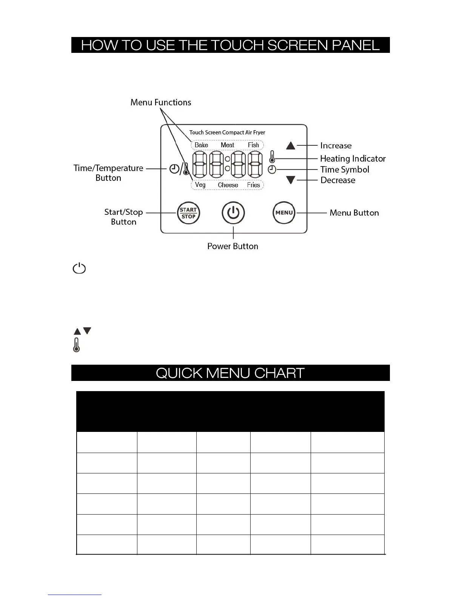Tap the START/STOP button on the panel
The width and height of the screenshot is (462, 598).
point(188,213)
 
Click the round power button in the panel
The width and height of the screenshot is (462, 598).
point(233,213)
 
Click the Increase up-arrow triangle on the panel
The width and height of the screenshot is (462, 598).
point(291,145)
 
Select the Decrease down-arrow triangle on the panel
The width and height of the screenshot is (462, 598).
point(291,180)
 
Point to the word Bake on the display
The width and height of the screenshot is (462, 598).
point(201,145)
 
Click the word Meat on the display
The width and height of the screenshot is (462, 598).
point(227,145)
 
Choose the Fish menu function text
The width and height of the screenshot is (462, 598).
point(253,145)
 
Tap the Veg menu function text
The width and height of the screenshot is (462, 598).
point(200,185)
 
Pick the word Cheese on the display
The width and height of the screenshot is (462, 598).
point(228,185)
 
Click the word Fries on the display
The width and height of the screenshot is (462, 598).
point(254,185)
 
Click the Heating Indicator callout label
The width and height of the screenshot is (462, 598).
point(353,159)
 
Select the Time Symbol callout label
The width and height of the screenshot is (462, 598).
point(345,170)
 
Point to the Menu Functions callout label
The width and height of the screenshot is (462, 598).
point(161,102)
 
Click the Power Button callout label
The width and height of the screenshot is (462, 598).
point(233,246)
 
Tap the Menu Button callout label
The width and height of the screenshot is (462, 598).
point(354,213)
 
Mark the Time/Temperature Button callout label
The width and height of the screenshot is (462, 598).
point(108,173)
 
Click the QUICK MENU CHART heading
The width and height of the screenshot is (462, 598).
point(230,373)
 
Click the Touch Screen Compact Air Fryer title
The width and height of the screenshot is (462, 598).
point(227,133)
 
